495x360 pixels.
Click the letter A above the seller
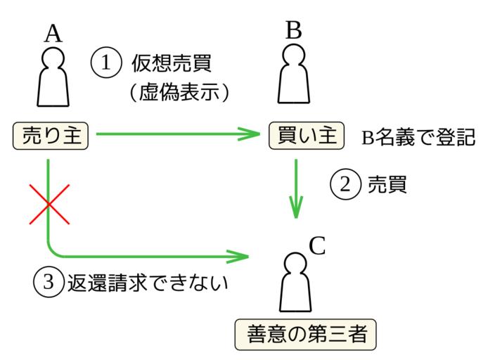(x=53, y=33)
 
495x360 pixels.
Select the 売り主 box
(x=50, y=134)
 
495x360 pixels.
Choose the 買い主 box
(x=307, y=134)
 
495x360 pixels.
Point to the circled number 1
(x=106, y=62)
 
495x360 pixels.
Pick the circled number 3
(x=48, y=281)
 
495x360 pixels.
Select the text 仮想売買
(x=172, y=62)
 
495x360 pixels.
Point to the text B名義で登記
(x=418, y=137)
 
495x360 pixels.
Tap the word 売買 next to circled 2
(x=387, y=184)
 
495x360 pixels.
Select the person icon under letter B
(x=294, y=75)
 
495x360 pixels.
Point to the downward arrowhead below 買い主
(x=296, y=208)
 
